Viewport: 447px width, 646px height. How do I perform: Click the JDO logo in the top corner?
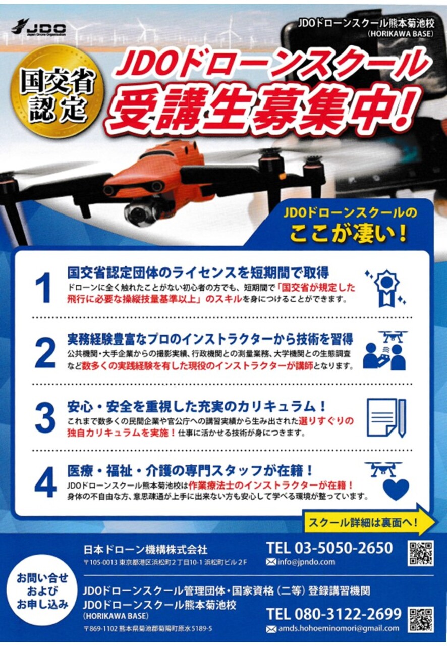[x=38, y=27]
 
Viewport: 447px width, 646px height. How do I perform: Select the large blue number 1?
[x=43, y=287]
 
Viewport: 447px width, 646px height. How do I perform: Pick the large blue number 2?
[x=45, y=353]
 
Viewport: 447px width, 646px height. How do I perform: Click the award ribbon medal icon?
[x=385, y=288]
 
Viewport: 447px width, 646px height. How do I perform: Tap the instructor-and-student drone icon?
[x=385, y=350]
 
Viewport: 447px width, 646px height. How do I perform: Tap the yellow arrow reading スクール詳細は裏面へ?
[x=369, y=522]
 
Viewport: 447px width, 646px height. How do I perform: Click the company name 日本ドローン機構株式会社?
[x=145, y=550]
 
